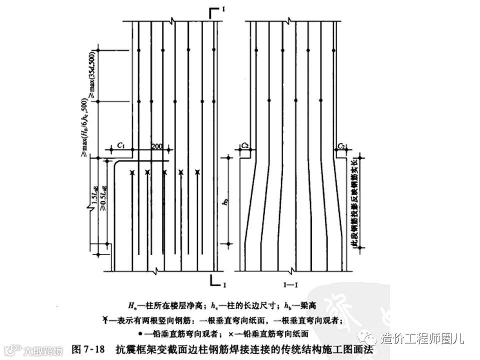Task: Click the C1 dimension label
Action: pos(121,144)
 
